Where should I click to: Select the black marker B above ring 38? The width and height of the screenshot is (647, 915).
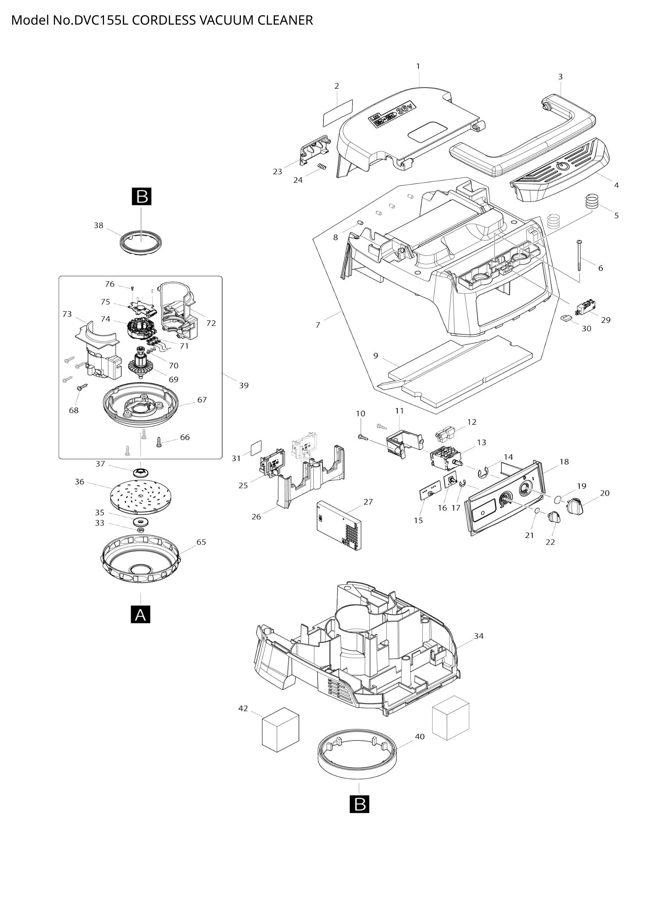coord(142,197)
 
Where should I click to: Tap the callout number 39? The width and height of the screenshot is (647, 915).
coord(243,385)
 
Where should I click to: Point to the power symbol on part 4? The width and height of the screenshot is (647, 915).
coord(563,166)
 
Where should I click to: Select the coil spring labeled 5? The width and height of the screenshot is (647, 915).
coord(592,200)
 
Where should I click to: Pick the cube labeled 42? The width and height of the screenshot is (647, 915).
coord(280,730)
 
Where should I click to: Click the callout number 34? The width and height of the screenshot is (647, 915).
coord(478,636)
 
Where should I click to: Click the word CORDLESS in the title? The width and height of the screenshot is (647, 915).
coord(164,20)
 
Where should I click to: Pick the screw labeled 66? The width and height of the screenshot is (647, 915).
coord(159,441)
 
